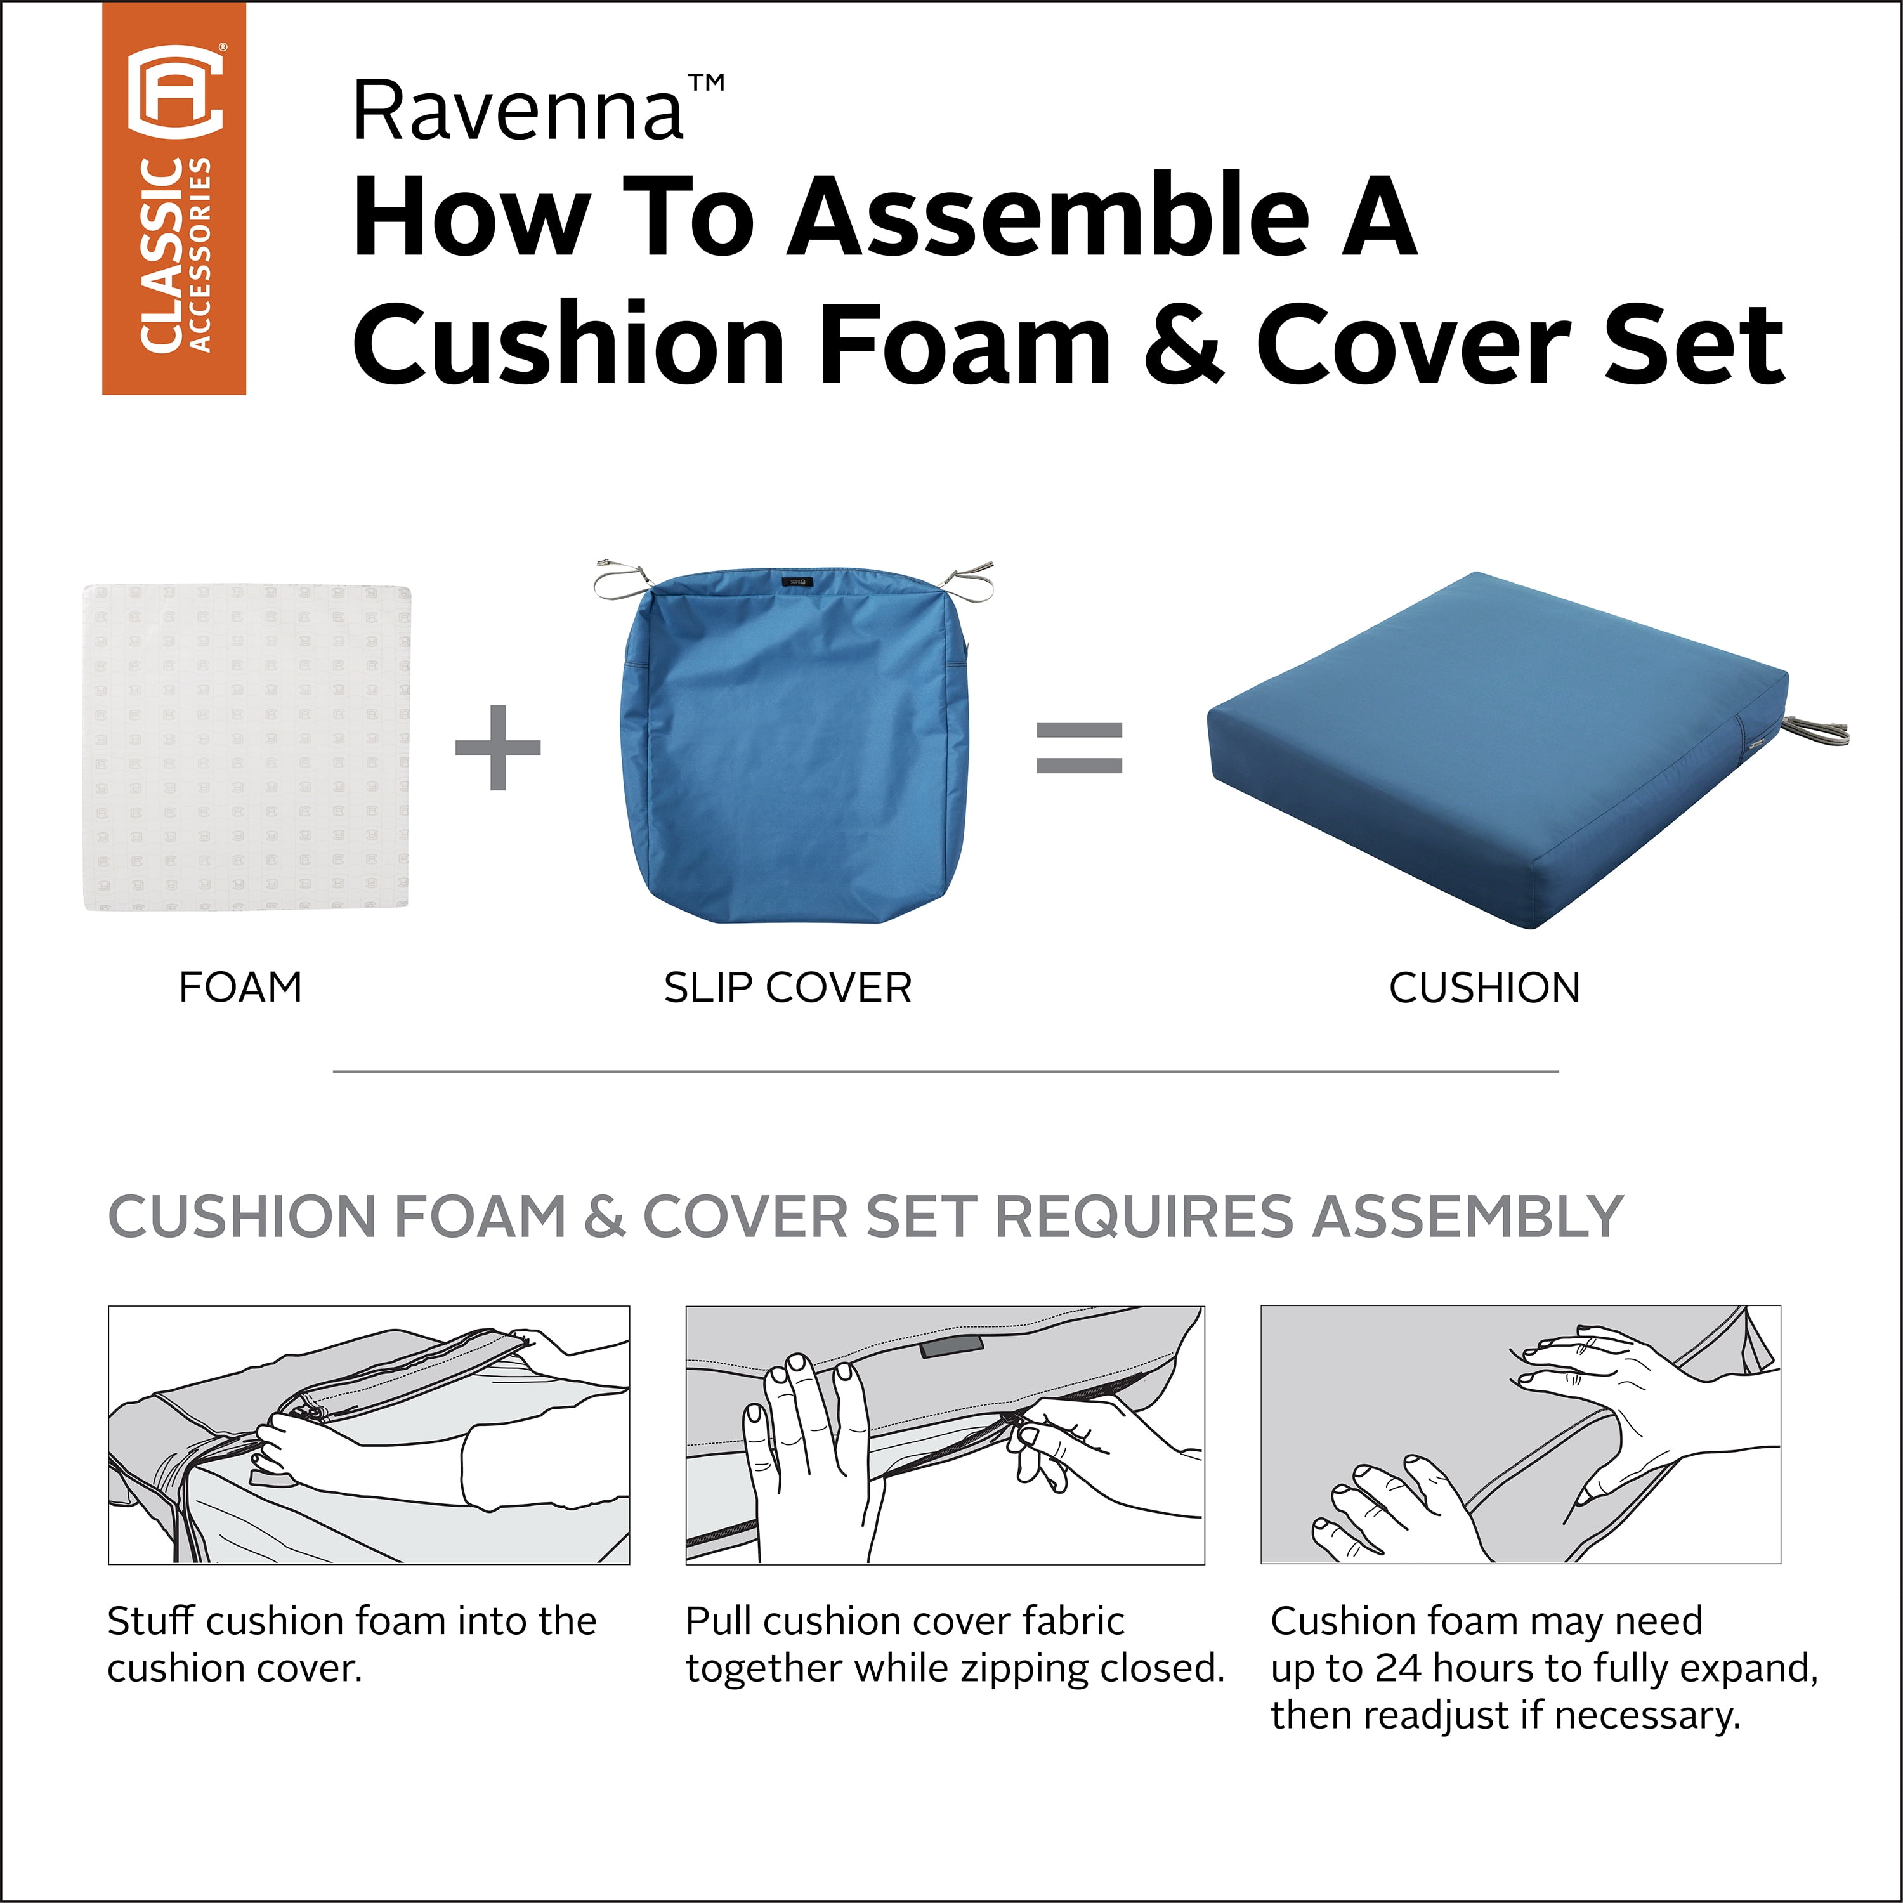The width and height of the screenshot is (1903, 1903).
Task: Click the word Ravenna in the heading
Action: click(518, 111)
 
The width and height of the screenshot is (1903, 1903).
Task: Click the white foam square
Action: click(245, 748)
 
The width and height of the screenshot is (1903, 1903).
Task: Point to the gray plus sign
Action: click(497, 748)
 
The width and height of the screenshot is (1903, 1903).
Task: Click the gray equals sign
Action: click(1080, 748)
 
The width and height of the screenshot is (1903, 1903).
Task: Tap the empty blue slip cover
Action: click(794, 745)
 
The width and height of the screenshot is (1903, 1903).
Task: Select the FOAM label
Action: click(240, 987)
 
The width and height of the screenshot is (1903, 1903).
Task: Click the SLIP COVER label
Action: click(788, 988)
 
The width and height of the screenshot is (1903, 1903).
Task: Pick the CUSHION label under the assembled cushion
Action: click(1484, 988)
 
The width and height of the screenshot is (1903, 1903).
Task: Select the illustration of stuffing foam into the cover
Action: click(369, 1435)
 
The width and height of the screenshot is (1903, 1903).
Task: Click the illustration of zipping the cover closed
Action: click(945, 1435)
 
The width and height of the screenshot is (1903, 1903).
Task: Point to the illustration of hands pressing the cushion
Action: click(1521, 1435)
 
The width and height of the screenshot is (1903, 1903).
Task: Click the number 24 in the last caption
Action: click(1399, 1668)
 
